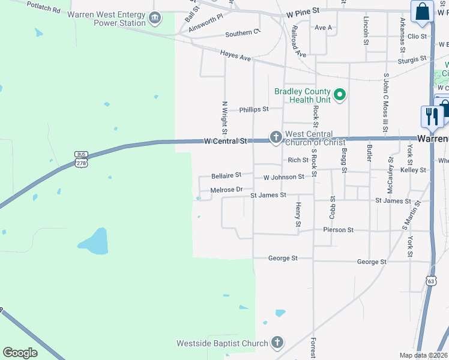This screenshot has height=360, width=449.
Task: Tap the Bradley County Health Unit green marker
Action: click(339, 95)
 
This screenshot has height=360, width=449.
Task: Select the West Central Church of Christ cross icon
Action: click(276, 137)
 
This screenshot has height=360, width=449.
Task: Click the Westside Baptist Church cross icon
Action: click(277, 343)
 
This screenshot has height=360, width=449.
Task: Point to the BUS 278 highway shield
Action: click(81, 159)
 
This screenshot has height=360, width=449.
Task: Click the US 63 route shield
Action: click(431, 280)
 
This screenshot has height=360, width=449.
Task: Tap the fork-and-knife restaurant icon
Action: click(432, 116)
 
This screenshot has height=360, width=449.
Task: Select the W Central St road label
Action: click(226, 142)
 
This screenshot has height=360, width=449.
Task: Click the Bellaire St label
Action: click(226, 175)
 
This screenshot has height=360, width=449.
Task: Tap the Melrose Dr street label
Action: click(226, 190)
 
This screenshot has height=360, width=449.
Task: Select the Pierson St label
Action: click(338, 230)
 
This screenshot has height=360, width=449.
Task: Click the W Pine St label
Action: click(303, 11)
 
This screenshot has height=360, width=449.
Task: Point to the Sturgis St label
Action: click(411, 59)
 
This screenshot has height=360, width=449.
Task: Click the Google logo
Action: click(20, 353)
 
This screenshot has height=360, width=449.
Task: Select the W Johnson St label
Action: click(283, 177)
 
